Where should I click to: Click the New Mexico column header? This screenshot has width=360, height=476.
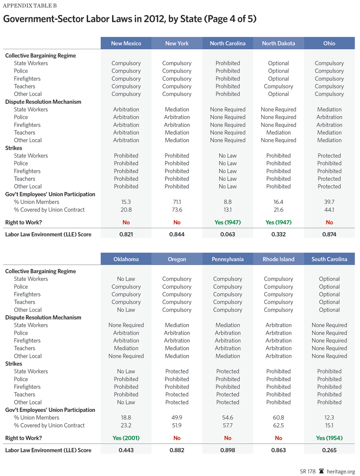tap(126, 43)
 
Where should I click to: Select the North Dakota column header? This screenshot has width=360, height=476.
tap(278, 43)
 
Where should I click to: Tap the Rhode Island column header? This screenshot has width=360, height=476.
tap(278, 259)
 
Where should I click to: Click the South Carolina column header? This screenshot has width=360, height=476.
tap(329, 259)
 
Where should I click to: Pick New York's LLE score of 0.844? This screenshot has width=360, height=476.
tap(177, 234)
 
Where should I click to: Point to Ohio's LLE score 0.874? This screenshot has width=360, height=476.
tap(329, 234)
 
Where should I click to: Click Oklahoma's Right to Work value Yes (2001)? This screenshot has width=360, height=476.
tap(126, 438)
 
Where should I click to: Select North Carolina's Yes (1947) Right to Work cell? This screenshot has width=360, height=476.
tap(227, 222)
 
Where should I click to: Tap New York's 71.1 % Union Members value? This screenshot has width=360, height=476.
tap(177, 202)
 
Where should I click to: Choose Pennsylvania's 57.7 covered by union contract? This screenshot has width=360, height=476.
tap(227, 425)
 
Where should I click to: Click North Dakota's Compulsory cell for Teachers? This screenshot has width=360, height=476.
tap(278, 86)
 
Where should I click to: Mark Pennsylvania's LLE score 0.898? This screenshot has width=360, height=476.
tap(227, 450)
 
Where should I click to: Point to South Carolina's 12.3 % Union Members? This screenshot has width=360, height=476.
tap(329, 418)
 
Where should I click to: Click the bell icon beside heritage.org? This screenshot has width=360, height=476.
tap(322, 471)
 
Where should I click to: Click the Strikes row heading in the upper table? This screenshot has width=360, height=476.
tap(14, 148)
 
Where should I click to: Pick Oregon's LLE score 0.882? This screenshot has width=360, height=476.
tap(177, 450)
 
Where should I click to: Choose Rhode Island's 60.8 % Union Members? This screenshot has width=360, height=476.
tap(278, 418)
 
